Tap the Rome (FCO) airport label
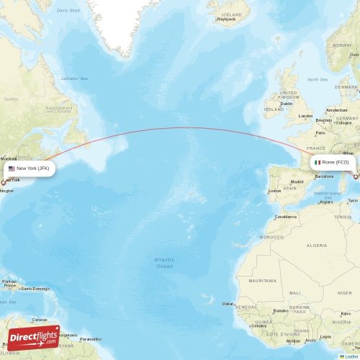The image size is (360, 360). coord(332,163)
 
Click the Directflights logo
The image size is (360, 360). coord(34,337)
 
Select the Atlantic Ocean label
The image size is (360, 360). coord(164,263)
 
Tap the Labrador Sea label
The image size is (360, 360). coord(73,78)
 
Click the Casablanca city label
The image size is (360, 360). coord(285,217)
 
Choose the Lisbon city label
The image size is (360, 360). coord(274,191)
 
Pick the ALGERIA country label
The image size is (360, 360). coord(317,246)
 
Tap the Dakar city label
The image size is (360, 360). coord(229,304)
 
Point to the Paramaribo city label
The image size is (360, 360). coord(91,338)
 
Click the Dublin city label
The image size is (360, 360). coord(286,104)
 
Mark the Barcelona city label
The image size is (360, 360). coord(324,176)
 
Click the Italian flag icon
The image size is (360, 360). coord(318,163)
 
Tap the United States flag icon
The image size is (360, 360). coord(12,168)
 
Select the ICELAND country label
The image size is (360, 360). coord(232,14)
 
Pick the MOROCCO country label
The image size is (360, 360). coord(271,236)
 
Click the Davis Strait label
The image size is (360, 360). coord(68,11)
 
